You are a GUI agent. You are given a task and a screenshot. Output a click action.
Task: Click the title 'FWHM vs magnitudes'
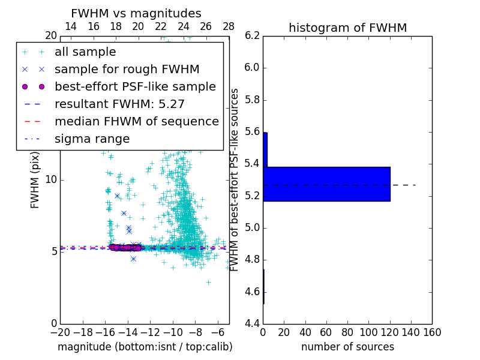(x=136, y=14)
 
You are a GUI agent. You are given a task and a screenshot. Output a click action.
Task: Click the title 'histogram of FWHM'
(x=347, y=28)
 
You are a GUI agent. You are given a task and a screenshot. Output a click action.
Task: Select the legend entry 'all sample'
(x=85, y=52)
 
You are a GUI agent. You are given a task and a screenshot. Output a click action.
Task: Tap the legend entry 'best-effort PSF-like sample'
(x=135, y=86)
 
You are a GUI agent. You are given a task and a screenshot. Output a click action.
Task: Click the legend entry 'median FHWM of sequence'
(x=136, y=121)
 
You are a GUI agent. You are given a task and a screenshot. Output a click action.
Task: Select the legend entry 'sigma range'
(x=92, y=139)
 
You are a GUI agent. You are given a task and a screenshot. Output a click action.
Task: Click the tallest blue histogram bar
(x=326, y=184)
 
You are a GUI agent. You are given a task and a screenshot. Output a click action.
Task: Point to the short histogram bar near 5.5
(x=265, y=149)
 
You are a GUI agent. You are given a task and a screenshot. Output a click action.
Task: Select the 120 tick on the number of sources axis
(x=390, y=332)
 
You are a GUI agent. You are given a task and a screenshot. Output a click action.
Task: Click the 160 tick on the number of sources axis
(x=432, y=332)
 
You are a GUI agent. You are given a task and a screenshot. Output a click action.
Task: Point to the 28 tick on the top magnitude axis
(x=229, y=26)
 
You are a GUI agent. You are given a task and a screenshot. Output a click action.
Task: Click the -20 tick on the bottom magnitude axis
(x=60, y=332)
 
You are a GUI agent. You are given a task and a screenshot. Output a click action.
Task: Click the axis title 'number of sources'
(x=347, y=347)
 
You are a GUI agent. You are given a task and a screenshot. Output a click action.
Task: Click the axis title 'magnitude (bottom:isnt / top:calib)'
(x=145, y=347)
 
